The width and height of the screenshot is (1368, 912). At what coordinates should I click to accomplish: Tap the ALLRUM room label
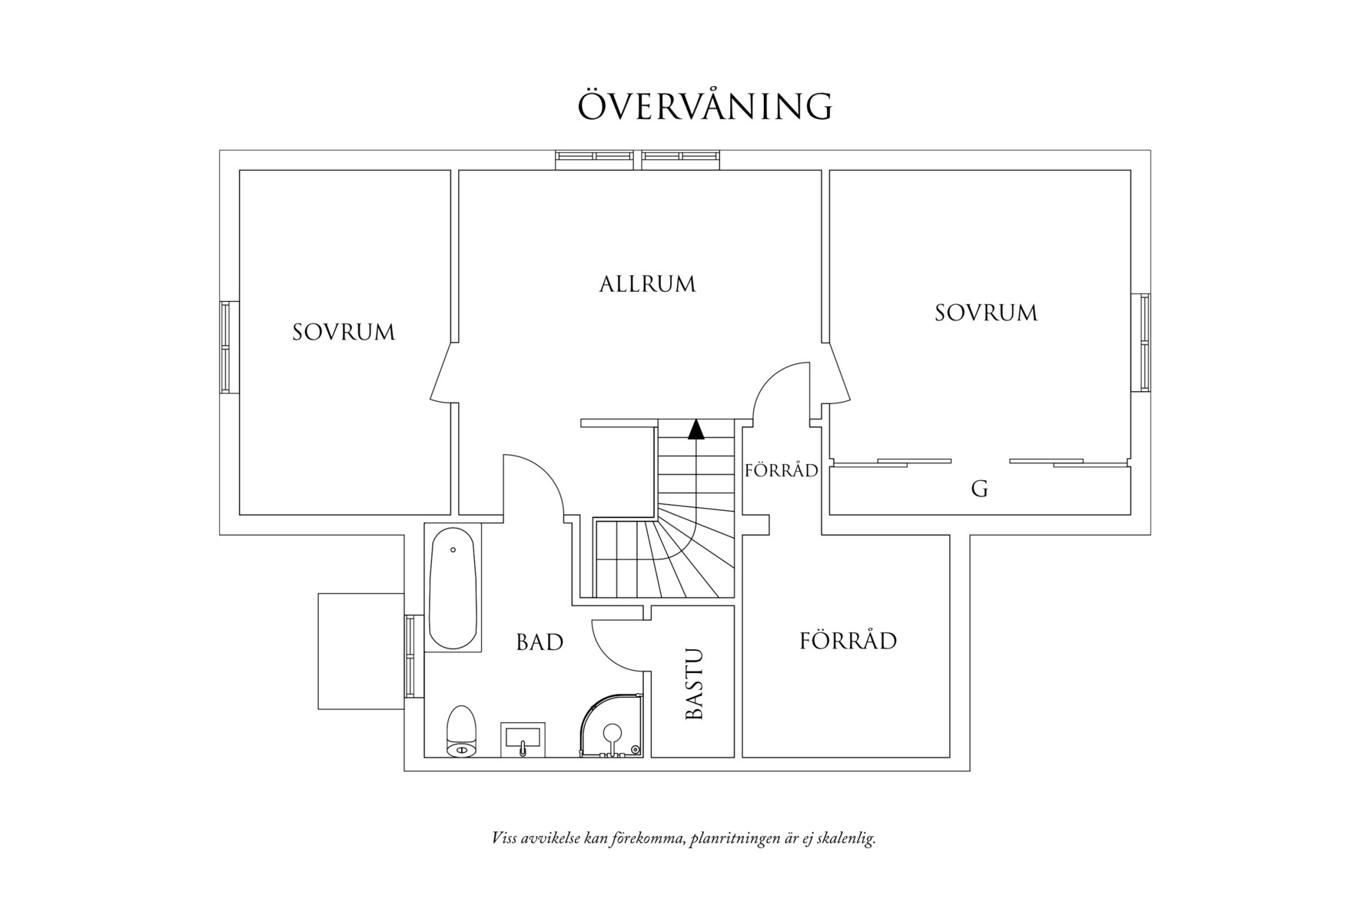coord(647,284)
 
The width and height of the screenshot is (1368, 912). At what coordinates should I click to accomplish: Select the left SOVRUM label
coord(344,332)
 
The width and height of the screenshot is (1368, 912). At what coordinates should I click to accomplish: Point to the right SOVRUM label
coord(986,313)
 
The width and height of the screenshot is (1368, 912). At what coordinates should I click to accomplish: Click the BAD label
coord(540,642)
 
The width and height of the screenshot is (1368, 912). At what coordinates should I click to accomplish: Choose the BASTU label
coord(694,685)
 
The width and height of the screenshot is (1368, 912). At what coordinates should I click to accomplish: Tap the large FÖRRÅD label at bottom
coord(848,640)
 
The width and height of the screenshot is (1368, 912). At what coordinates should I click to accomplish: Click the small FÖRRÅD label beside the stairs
coord(781,469)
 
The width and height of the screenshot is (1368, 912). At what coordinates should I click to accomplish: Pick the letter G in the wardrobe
coord(979,489)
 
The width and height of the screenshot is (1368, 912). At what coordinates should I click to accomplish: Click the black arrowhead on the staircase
coord(696,429)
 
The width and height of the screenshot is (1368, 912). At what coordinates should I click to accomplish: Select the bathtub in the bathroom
coord(453,589)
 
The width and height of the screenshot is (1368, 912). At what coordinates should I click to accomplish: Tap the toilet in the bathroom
coord(462,731)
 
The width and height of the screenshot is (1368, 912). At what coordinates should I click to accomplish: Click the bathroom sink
coord(523,739)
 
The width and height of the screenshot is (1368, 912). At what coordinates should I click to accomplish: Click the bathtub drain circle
coord(453,550)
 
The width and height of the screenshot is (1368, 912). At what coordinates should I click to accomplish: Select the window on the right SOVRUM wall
coord(1145,342)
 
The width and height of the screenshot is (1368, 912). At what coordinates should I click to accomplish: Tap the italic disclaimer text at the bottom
coord(684,837)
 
